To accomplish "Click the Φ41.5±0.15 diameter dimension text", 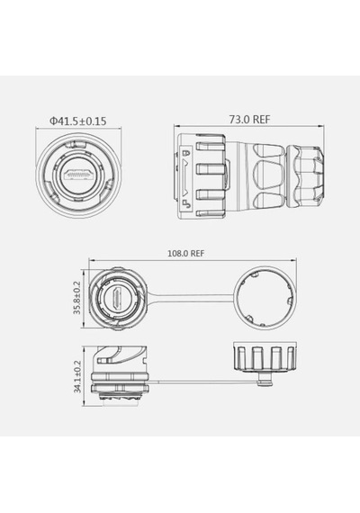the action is [78, 121].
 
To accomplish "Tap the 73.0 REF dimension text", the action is [249, 120].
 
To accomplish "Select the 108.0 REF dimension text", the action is [186, 253].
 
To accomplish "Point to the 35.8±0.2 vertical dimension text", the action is [76, 298].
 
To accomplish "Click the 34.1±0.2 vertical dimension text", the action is [77, 376].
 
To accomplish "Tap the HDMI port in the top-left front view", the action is [78, 174].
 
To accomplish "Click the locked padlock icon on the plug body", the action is [187, 153].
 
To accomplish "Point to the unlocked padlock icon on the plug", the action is [186, 204].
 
